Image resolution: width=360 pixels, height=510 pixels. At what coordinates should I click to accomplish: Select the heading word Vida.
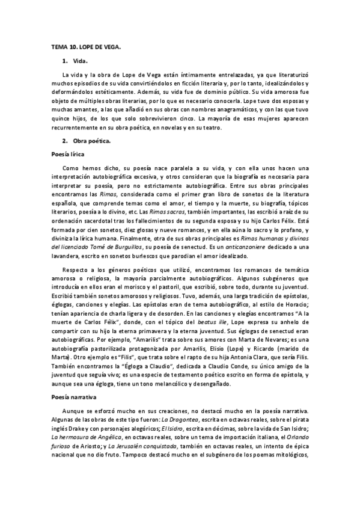tap(80, 61)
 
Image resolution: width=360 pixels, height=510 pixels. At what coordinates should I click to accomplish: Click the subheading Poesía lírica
tap(67, 154)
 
